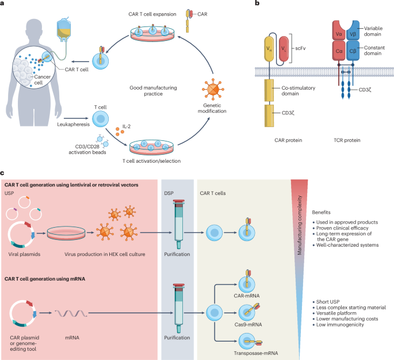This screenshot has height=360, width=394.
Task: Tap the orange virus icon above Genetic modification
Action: [x=213, y=89]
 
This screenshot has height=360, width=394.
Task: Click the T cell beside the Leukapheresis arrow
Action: [x=101, y=119]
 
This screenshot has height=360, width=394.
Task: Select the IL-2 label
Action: [x=127, y=127]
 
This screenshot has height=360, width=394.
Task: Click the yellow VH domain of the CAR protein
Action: [x=269, y=49]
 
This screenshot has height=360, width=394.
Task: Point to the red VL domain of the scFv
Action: [x=284, y=49]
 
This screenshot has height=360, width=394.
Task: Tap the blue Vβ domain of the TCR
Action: [x=353, y=30]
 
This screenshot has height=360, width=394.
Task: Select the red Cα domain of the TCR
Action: [x=339, y=51]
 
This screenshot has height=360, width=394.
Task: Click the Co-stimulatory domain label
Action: [x=299, y=91]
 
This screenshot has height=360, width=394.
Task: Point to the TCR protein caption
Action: [x=347, y=140]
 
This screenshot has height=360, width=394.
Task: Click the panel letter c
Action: [x=2, y=173]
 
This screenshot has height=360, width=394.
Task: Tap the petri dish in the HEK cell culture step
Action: [x=66, y=233]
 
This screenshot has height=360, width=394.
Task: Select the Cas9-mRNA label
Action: [x=248, y=324]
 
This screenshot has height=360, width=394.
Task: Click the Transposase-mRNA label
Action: [x=256, y=353]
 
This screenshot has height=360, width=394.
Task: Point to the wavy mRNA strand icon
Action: [x=71, y=313]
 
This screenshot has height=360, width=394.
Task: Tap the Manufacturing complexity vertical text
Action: [x=299, y=225]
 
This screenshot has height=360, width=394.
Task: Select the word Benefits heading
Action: [x=321, y=212]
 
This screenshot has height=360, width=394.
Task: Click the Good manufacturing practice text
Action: [x=153, y=91]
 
